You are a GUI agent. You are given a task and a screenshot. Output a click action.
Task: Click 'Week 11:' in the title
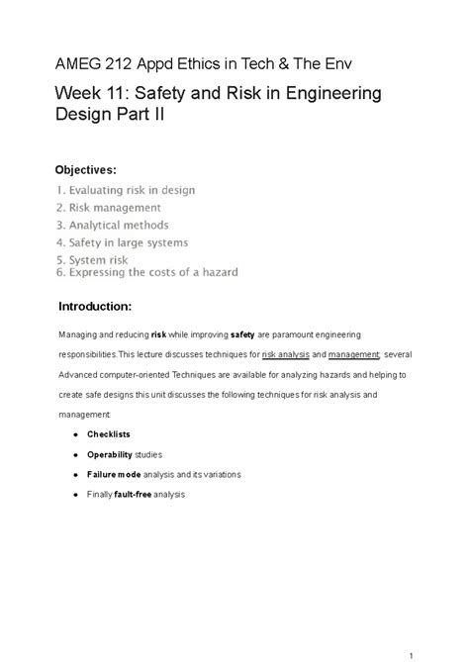[x=95, y=96]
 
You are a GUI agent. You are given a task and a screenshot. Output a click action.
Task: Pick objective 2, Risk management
[x=109, y=208]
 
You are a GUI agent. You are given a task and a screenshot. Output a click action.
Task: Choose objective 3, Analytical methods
[x=113, y=225]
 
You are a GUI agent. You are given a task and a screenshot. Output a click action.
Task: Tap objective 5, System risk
[x=93, y=260]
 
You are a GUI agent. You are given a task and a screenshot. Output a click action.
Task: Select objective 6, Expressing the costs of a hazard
[x=147, y=272]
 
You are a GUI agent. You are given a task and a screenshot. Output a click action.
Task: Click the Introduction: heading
[x=102, y=307]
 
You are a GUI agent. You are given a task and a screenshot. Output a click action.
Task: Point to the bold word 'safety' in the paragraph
[x=242, y=335]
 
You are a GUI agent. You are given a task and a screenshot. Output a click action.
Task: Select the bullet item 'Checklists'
[x=109, y=434]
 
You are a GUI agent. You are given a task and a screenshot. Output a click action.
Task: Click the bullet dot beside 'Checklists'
[x=77, y=434]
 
